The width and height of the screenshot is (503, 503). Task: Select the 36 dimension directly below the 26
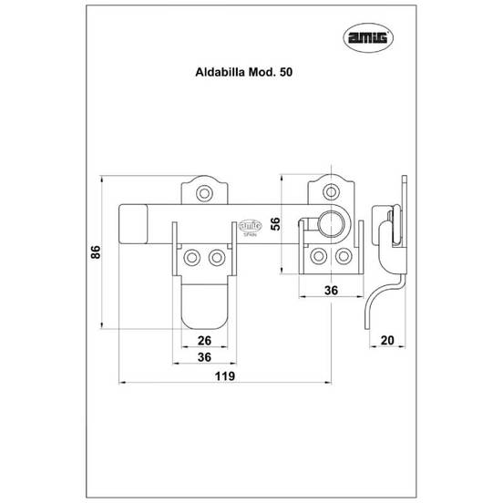(203, 357)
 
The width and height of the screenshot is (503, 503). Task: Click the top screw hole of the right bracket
(327, 192)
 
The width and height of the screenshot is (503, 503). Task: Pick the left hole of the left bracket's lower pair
(192, 259)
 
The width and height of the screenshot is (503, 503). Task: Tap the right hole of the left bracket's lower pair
(215, 259)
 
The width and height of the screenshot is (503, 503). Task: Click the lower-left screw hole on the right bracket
(317, 257)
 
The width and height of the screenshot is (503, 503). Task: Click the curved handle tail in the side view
(376, 301)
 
